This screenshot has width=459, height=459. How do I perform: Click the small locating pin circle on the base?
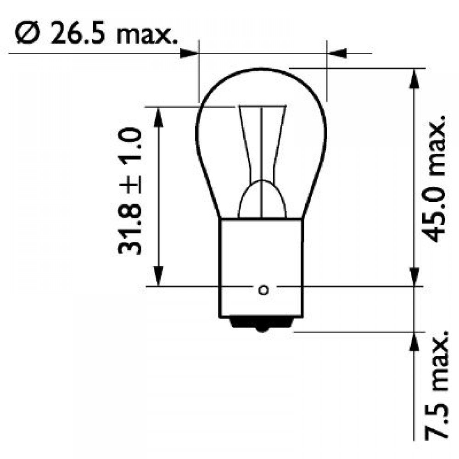click(263, 290)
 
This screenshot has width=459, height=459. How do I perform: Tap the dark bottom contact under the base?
click(262, 324)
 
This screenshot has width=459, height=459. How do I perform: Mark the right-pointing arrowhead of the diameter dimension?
click(188, 53)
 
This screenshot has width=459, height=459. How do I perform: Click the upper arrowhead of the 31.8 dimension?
click(157, 117)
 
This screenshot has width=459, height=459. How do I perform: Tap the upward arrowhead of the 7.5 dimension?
click(414, 342)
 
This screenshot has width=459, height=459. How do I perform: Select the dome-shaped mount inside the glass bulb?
click(262, 200)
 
